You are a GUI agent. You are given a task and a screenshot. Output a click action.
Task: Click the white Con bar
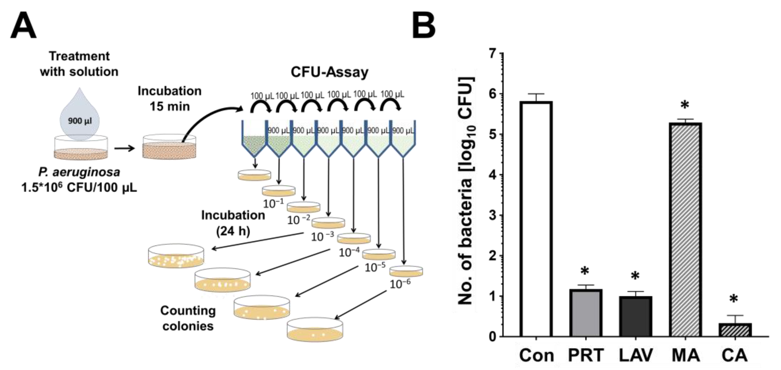tap(536, 218)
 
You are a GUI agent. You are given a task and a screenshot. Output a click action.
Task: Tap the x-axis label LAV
tap(635, 355)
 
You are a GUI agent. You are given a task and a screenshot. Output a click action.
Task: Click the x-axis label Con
tap(536, 355)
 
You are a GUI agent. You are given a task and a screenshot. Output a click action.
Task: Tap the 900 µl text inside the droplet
tap(79, 121)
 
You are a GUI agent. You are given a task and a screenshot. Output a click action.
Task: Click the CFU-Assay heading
tap(329, 72)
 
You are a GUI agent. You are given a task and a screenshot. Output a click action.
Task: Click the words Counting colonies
tap(188, 318)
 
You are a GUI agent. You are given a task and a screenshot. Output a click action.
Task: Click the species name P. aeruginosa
tap(79, 172)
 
